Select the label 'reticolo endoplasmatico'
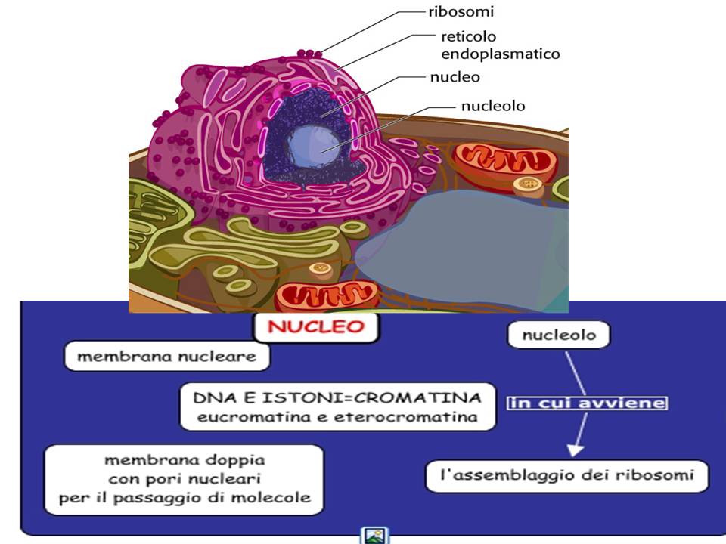500,45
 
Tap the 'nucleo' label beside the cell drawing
455,76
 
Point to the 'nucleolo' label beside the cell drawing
492,106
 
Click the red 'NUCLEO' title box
317,329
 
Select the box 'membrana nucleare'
166,357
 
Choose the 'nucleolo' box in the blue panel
557,335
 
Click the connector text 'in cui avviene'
588,403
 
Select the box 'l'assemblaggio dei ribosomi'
566,477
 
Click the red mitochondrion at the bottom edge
327,297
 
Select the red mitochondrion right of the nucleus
504,161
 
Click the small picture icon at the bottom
374,535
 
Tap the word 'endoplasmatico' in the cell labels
500,54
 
